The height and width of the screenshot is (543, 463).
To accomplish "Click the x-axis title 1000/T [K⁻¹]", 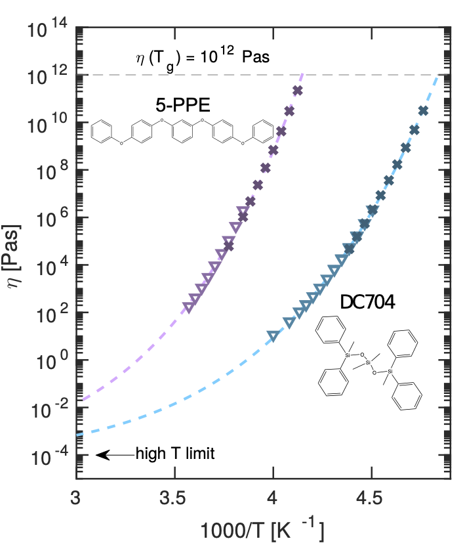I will coord(263,527).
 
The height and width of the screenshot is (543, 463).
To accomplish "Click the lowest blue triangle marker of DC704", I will coord(273,337).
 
